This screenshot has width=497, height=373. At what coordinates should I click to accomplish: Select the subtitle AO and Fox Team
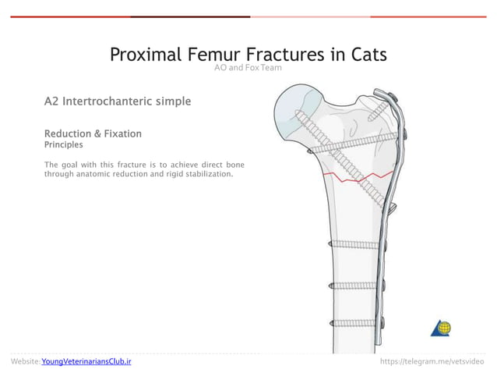tap(248, 68)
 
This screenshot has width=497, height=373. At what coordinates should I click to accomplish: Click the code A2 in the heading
tap(51, 101)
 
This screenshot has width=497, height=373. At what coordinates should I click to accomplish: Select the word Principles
tap(64, 144)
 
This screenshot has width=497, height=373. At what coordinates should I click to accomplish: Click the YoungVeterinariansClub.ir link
tap(86, 362)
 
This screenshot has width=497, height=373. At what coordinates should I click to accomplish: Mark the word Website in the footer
tap(25, 362)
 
